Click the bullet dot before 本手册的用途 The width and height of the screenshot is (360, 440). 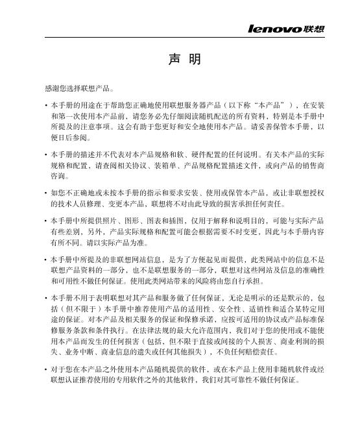[x=43, y=104]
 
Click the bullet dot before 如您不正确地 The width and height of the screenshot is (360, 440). [x=43, y=193]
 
